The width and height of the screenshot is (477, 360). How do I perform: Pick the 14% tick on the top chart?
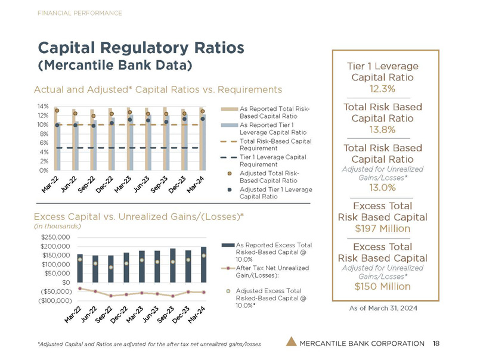42,107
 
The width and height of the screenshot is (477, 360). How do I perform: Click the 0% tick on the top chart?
44,170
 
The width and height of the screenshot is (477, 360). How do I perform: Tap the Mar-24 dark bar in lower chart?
204,264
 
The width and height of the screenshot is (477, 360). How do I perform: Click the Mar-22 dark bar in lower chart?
80,268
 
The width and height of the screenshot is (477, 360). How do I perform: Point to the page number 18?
436,343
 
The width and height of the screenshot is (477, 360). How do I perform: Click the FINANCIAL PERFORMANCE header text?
80,13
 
